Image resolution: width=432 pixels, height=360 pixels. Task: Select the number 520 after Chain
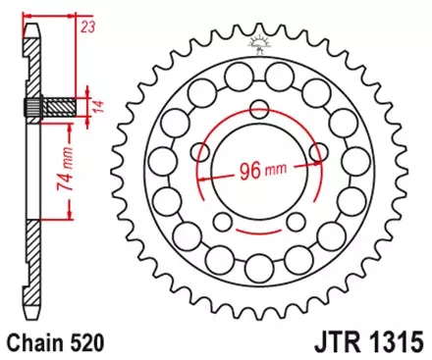coord(85,344)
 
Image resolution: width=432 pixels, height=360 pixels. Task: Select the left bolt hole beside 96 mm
coord(203,151)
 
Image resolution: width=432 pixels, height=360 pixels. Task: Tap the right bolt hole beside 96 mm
coord(319,151)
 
